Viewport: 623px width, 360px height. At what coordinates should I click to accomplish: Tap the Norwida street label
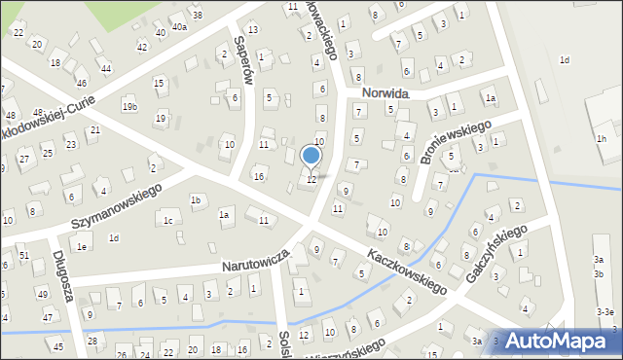click(x=384, y=93)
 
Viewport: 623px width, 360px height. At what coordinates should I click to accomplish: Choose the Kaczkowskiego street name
click(x=408, y=271)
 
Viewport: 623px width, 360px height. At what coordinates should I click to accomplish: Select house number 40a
click(x=179, y=27)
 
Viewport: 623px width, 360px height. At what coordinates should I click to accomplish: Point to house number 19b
click(x=129, y=105)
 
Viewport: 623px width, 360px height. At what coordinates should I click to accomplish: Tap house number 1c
click(x=167, y=221)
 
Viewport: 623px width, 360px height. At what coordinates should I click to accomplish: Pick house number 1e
click(x=83, y=247)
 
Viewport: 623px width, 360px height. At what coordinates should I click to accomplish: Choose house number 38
click(x=198, y=16)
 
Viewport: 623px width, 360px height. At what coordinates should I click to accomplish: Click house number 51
click(x=24, y=255)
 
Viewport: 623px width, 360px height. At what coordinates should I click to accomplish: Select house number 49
click(x=42, y=294)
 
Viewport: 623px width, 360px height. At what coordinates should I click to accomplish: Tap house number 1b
click(x=196, y=200)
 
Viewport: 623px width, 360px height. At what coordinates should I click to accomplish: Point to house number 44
click(x=106, y=69)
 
